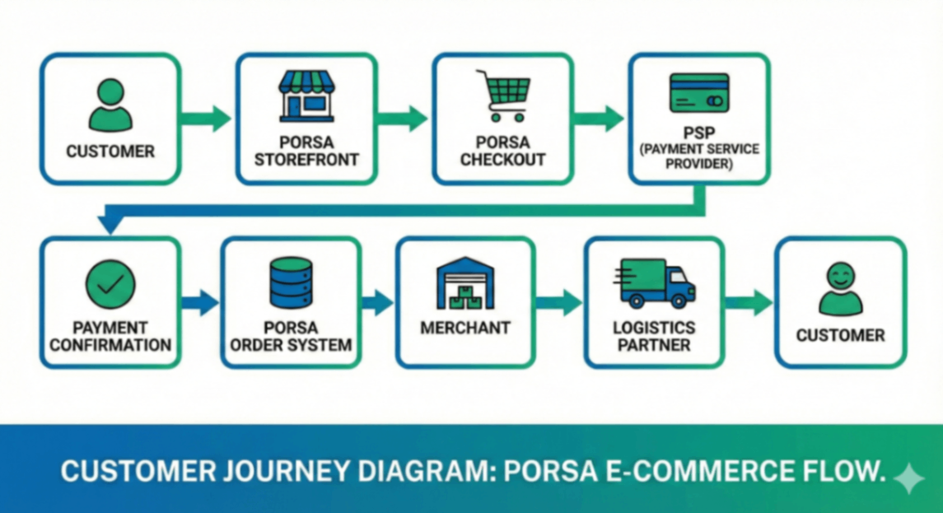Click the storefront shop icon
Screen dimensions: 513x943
coord(306,96)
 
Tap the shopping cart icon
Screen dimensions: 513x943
coord(503,96)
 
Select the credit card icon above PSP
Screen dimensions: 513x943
coord(699,93)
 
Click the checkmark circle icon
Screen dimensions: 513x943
coord(110,284)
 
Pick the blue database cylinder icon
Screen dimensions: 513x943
coord(291,282)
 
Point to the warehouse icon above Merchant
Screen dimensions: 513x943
coord(465,284)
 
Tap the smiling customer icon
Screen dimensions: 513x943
coord(840,288)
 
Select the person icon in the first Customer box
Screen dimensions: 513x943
coord(110,105)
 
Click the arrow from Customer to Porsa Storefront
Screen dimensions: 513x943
coord(207,119)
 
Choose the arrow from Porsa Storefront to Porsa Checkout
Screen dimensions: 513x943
coord(404,119)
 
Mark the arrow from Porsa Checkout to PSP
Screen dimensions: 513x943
coord(600,119)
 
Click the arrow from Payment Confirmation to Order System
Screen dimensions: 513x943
coord(200,302)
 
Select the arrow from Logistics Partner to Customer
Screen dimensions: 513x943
coord(749,302)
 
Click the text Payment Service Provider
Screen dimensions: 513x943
coord(699,156)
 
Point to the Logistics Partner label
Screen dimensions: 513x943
coord(654,336)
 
